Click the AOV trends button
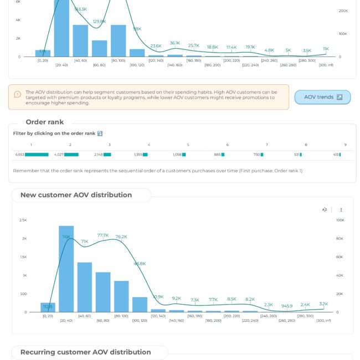point(322,97)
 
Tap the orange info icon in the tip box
point(18,94)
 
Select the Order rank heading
point(45,122)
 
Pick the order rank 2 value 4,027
point(59,155)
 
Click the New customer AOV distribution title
point(76,195)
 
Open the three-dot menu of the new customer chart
point(341,210)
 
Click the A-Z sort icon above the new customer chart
point(325,210)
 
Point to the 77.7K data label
point(103,235)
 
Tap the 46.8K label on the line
point(140,264)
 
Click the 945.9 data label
point(287,306)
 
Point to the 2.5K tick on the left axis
point(23,220)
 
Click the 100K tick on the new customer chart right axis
point(340,220)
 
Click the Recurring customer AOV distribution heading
point(85,352)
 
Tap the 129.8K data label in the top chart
point(99,21)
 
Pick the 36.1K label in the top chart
point(175,43)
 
